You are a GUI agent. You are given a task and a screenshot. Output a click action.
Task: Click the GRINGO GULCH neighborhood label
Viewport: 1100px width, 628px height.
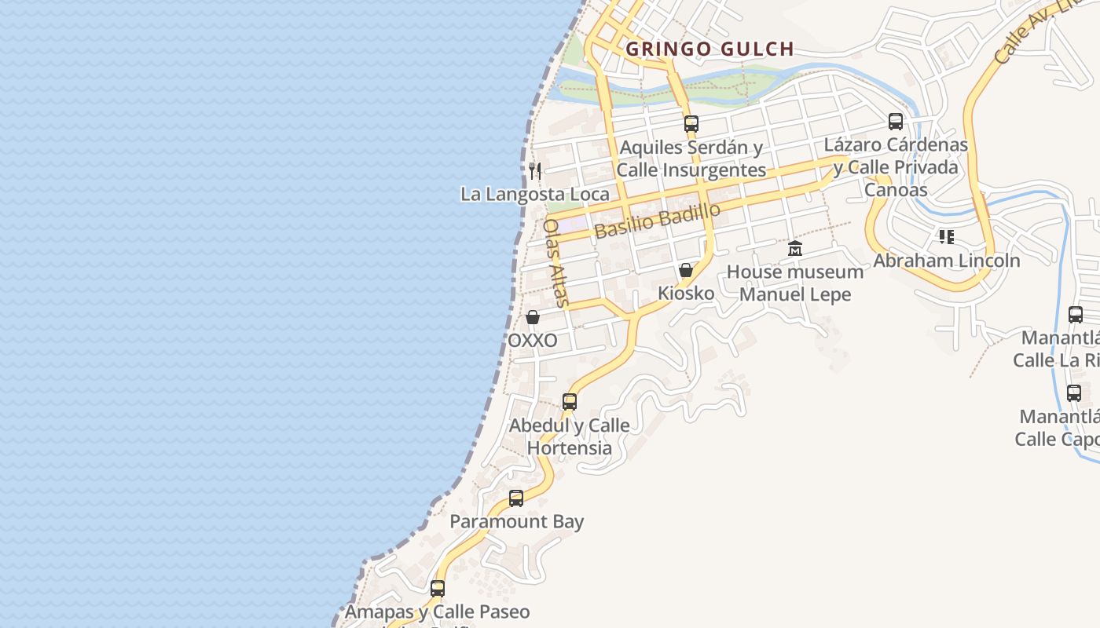(709, 49)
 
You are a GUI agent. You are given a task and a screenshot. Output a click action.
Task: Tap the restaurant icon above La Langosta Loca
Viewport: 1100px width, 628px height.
(535, 170)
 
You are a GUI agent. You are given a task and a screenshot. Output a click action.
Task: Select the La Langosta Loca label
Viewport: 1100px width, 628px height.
(535, 194)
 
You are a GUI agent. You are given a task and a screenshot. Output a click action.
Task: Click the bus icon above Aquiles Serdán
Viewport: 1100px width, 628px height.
(691, 123)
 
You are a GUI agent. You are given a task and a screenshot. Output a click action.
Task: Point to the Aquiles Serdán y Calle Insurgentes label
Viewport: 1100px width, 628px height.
(691, 159)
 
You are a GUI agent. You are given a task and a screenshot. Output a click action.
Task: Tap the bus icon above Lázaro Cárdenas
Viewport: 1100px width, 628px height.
(896, 122)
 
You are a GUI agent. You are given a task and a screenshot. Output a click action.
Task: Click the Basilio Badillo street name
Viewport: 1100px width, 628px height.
(658, 221)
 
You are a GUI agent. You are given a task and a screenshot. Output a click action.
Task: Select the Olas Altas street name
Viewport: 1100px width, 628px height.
(555, 262)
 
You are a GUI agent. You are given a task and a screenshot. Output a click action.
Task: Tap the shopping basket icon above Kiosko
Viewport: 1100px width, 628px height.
(686, 271)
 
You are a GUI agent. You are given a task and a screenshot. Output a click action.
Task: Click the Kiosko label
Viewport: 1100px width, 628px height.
(686, 294)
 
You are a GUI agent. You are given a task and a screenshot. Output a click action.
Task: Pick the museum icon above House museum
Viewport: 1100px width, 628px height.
(795, 249)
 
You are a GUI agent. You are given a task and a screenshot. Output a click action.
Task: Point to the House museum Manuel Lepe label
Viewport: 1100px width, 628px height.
(795, 283)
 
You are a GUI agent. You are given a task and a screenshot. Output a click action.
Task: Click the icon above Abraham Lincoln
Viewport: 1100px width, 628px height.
(947, 237)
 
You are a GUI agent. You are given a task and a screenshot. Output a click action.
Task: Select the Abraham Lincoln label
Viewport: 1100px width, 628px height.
(947, 261)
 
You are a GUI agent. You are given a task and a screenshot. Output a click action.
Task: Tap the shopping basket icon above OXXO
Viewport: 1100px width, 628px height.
(533, 317)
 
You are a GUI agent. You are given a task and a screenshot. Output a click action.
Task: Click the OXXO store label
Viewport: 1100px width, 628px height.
(533, 341)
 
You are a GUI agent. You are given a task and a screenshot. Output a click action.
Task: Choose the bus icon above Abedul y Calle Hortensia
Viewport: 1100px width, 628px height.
(570, 402)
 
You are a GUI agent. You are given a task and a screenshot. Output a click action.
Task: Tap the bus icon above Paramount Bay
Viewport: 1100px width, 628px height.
(516, 498)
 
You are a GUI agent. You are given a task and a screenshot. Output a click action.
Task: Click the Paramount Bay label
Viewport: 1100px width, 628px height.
(516, 521)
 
